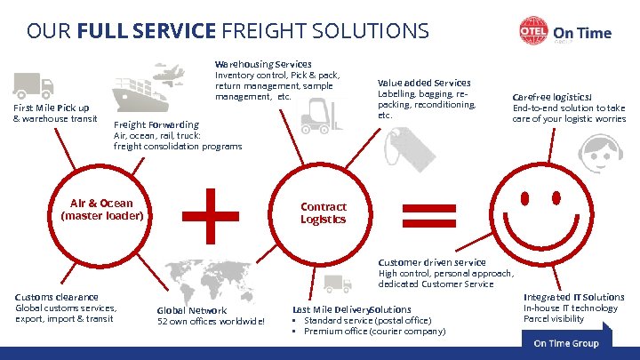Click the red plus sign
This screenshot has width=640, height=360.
point(211,214)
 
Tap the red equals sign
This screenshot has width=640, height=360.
point(429,214)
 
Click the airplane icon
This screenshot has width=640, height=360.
point(170,69)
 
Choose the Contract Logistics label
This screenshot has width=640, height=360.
point(323,212)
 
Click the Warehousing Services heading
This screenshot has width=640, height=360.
point(263,64)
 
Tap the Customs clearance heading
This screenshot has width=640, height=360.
point(57,296)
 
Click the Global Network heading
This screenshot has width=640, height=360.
point(192,310)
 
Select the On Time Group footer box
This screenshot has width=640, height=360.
point(566,343)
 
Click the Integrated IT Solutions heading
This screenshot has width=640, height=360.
point(573,297)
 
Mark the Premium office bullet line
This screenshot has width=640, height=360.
point(374,332)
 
